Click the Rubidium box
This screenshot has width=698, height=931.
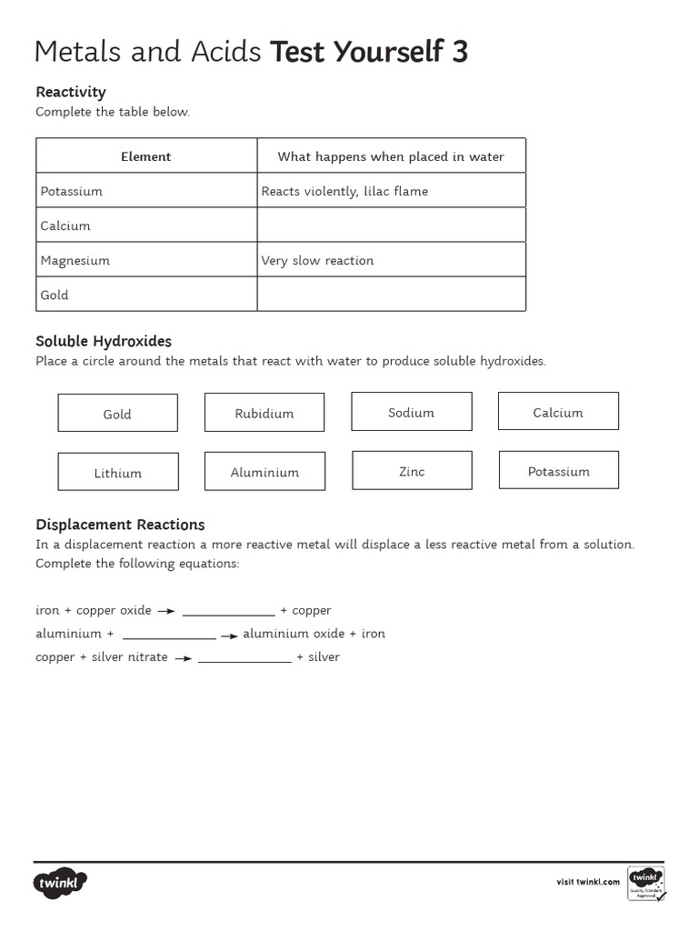[x=264, y=413]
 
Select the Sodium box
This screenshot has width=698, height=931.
[x=412, y=412]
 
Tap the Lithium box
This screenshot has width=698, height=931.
[x=118, y=472]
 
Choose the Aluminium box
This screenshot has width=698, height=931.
[x=264, y=472]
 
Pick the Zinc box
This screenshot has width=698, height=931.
[x=412, y=471]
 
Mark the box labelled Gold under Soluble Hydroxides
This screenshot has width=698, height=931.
[x=118, y=413]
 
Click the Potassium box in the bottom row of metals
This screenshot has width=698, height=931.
[x=558, y=471]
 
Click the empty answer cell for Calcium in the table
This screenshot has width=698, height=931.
[x=391, y=225]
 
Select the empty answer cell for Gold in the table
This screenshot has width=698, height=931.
[x=391, y=295]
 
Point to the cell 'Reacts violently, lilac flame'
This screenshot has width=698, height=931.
[x=391, y=191]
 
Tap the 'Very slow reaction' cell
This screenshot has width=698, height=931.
[x=391, y=260]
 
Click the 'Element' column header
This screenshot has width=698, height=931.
[x=146, y=156]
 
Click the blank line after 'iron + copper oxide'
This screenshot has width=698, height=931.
[x=228, y=612]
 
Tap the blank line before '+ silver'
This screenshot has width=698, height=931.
[x=244, y=658]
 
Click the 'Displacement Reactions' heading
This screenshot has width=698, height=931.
[x=120, y=525]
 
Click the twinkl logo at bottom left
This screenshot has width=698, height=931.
[x=61, y=883]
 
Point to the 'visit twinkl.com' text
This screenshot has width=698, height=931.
[x=588, y=882]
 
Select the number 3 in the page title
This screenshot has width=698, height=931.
[x=459, y=53]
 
